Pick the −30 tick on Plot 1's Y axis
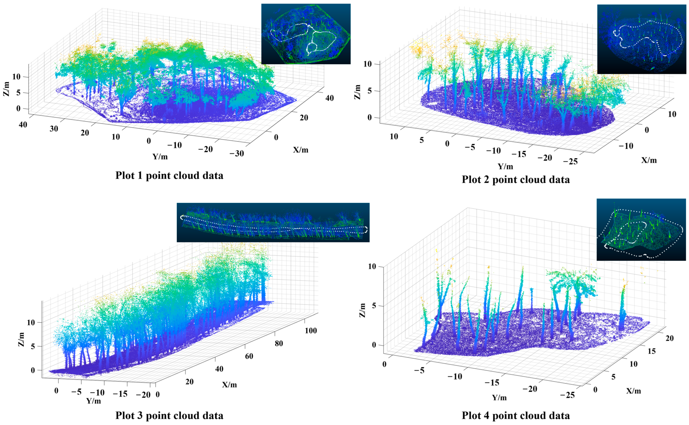[x=237, y=153]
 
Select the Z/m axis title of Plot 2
[x=357, y=92]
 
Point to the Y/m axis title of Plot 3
[x=93, y=400]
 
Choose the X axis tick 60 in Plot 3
[x=249, y=356]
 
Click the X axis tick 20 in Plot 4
[x=670, y=338]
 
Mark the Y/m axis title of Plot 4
[x=499, y=397]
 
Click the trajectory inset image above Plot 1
[x=306, y=34]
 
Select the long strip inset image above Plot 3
[x=273, y=222]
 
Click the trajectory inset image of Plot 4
[x=641, y=229]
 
